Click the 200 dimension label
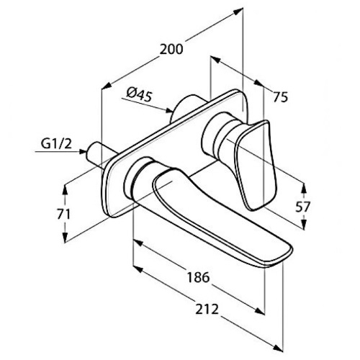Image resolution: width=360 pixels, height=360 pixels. (x=171, y=50)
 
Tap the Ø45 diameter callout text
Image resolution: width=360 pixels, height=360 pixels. (x=140, y=94)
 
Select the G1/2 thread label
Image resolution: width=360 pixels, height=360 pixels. (x=56, y=144)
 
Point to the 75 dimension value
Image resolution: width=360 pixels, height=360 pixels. (x=281, y=97)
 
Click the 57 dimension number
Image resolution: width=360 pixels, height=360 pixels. (x=303, y=207)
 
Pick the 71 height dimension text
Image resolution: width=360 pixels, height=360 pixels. (x=63, y=214)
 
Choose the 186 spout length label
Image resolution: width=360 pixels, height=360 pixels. (x=198, y=277)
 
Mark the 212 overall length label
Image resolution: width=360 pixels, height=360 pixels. (x=207, y=309)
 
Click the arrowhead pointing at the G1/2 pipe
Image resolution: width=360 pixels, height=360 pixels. (x=83, y=151)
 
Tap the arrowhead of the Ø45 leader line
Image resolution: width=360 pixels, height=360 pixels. (x=169, y=110)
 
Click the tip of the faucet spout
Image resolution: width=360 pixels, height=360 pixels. (x=292, y=251)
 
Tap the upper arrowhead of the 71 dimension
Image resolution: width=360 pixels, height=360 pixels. (x=65, y=189)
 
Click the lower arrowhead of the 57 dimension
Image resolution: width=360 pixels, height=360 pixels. (x=304, y=225)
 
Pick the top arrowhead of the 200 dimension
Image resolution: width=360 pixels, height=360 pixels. (x=238, y=12)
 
